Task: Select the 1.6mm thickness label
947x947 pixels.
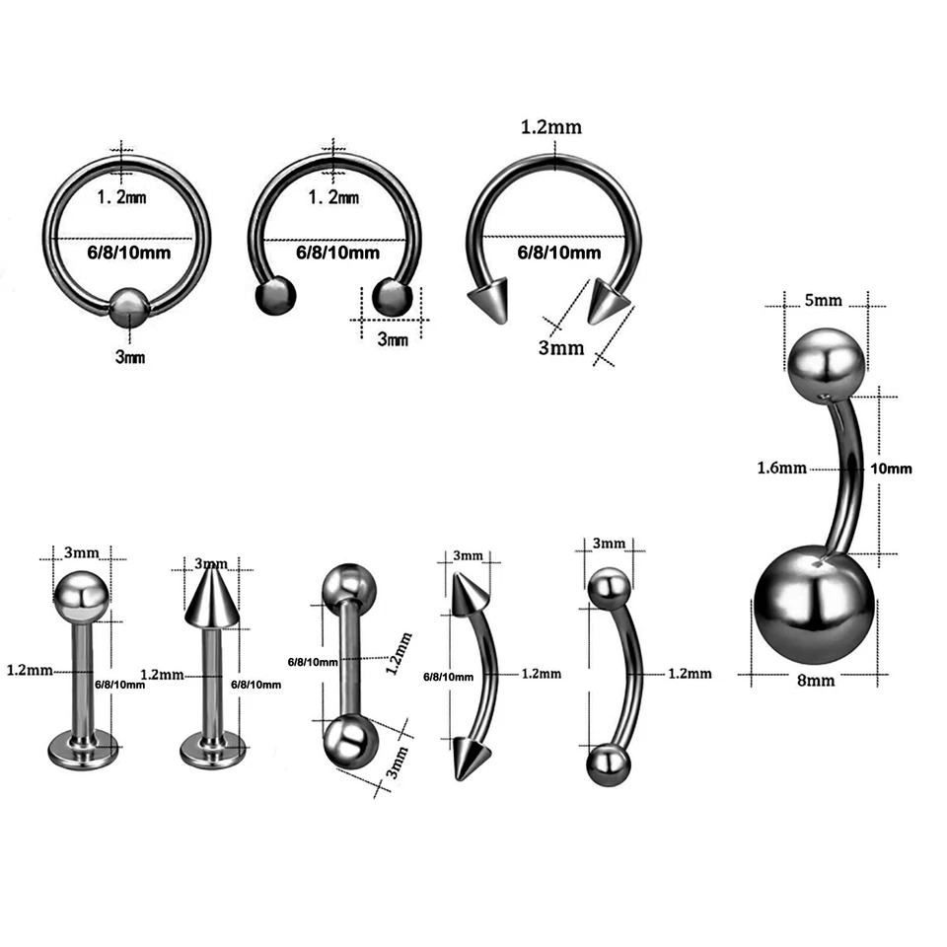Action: (782, 468)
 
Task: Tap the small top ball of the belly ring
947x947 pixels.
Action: (828, 362)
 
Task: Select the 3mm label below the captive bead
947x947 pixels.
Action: (129, 356)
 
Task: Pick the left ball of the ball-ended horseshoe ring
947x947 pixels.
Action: (275, 296)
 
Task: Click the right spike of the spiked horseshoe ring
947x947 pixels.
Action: (606, 300)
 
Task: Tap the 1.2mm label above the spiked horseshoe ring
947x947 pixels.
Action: (553, 127)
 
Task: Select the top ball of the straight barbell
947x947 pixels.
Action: (349, 585)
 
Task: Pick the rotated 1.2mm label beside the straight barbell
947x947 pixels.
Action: (394, 654)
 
